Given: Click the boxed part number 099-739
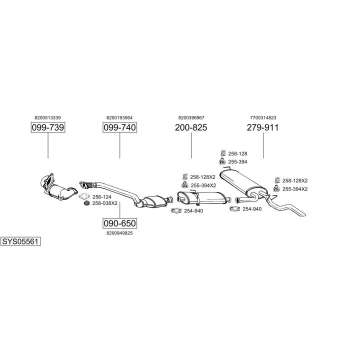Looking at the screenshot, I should tap(48, 128).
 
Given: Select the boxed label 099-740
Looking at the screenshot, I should tap(119, 128).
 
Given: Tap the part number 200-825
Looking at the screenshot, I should tap(191, 128).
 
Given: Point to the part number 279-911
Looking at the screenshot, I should tap(262, 128).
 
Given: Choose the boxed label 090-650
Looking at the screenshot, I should tap(119, 223).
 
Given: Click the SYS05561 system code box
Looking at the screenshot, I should tap(20, 241).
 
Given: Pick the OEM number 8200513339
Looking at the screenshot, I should tap(48, 117).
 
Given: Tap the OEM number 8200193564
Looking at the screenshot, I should tap(119, 117).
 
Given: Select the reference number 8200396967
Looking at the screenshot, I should tap(191, 117).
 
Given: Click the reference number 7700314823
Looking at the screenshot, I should tap(262, 117).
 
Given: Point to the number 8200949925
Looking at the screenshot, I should tap(119, 233).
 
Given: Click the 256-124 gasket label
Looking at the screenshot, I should tap(101, 197).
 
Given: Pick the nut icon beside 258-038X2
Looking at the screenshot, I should tap(86, 203).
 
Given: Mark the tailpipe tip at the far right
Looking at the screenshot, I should tap(303, 215).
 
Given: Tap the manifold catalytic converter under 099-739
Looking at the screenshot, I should tap(60, 190).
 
